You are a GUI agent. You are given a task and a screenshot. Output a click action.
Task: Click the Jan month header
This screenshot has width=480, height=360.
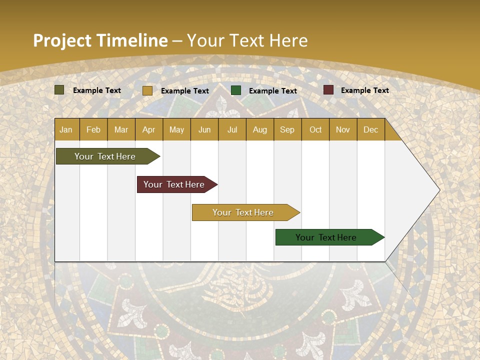[66, 130]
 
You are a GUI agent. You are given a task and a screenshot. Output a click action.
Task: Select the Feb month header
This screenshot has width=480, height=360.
[93, 130]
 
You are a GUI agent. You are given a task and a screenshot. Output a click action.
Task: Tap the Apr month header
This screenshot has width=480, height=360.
[148, 130]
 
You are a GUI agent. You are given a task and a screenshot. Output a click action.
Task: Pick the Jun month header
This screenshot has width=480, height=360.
[204, 130]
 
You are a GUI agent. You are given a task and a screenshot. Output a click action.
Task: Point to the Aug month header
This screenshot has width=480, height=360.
[260, 130]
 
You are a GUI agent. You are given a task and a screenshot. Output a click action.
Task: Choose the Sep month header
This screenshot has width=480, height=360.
[287, 130]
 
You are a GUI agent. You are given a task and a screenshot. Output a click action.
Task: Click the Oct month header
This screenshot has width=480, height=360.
[315, 130]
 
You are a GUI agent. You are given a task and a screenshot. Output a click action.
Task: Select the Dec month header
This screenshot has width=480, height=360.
[370, 130]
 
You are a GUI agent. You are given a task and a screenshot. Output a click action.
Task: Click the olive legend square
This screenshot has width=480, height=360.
[59, 90]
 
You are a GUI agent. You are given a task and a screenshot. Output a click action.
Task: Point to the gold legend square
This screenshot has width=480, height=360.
[147, 90]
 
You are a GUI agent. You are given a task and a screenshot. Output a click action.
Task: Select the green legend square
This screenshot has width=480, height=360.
[236, 90]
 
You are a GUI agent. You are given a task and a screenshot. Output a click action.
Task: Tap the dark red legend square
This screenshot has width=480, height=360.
[328, 90]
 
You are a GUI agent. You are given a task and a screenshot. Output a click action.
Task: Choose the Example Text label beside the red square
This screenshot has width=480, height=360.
[364, 90]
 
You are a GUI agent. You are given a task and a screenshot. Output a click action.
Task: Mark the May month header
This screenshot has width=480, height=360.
[176, 130]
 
